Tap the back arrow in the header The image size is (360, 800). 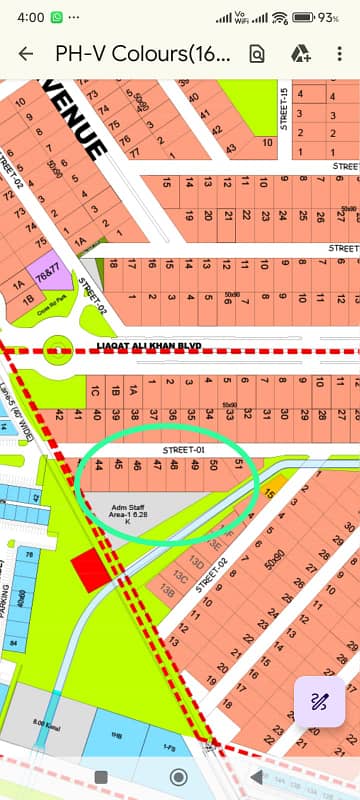[x=25, y=54]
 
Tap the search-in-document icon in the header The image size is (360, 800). [x=257, y=54]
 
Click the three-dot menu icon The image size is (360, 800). [x=340, y=54]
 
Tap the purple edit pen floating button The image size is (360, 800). [x=320, y=701]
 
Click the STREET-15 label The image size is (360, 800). [x=285, y=109]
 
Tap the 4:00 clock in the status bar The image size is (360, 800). [x=30, y=18]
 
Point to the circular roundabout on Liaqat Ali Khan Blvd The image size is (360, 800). [x=60, y=350]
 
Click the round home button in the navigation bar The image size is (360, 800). [x=179, y=777]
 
